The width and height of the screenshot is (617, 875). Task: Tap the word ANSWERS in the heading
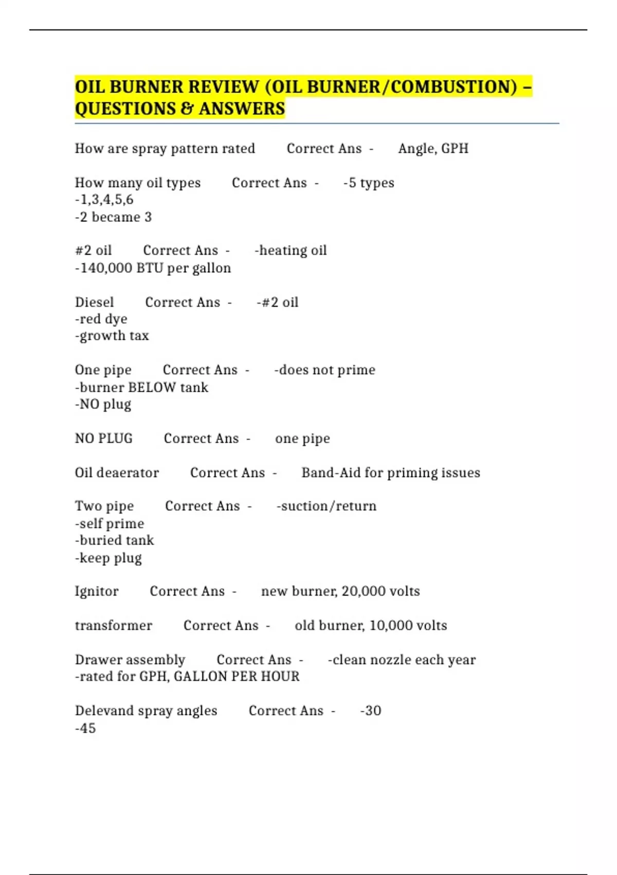click(x=242, y=109)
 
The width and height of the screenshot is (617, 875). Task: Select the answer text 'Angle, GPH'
click(x=433, y=149)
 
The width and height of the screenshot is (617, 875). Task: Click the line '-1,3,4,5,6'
click(x=104, y=200)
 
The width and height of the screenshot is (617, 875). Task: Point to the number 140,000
click(x=106, y=268)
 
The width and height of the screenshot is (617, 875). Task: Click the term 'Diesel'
click(x=95, y=302)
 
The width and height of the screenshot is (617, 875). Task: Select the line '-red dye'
click(x=101, y=319)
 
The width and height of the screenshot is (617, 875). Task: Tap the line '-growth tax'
click(x=112, y=336)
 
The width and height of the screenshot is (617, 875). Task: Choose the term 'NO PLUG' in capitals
click(x=104, y=439)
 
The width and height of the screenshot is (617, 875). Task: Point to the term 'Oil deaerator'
click(x=117, y=472)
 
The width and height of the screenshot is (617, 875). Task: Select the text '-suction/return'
click(x=326, y=506)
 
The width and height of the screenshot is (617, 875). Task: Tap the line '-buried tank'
click(x=115, y=540)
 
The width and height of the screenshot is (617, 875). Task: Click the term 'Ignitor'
click(x=97, y=591)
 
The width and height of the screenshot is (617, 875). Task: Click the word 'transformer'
click(x=114, y=625)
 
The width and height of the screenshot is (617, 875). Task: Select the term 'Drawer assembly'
click(x=130, y=660)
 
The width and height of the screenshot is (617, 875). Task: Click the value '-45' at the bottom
click(x=86, y=728)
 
